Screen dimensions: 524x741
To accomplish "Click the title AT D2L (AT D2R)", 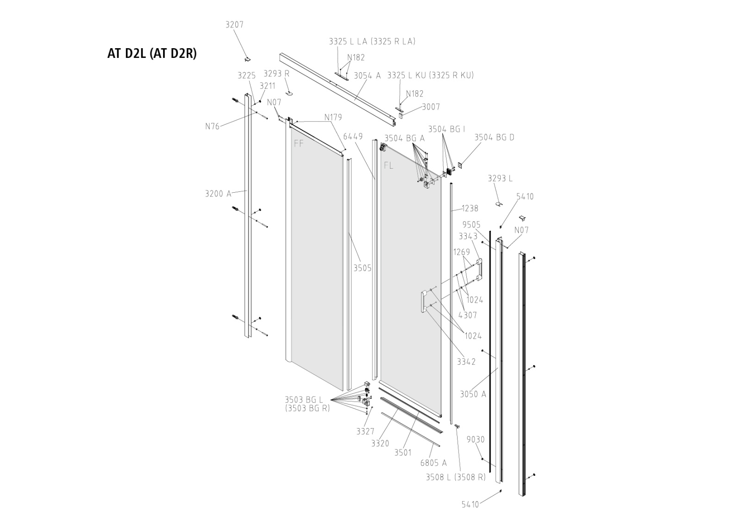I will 152,54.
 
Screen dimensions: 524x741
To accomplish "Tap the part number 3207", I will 234,25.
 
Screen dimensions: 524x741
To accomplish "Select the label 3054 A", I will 367,76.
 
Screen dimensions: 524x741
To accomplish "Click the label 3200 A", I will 218,194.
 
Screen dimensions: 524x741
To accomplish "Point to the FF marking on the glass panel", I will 299,144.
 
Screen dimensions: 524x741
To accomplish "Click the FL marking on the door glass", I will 389,165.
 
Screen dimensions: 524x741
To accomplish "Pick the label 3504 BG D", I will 494,137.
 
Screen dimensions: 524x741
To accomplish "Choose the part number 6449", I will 353,137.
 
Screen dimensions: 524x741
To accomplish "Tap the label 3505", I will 363,268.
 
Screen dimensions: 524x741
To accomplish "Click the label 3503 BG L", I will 304,399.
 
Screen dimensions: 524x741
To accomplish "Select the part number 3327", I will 365,431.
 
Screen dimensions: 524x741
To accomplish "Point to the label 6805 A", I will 433,463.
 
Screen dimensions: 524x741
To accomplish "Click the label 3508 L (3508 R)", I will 456,477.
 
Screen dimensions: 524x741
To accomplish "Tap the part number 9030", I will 476,440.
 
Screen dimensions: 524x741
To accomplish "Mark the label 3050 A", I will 473,394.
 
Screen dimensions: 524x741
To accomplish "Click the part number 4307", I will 467,315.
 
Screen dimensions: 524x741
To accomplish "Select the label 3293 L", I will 500,178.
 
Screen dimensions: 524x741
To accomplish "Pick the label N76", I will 212,126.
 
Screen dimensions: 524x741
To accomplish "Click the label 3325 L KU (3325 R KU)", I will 430,75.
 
